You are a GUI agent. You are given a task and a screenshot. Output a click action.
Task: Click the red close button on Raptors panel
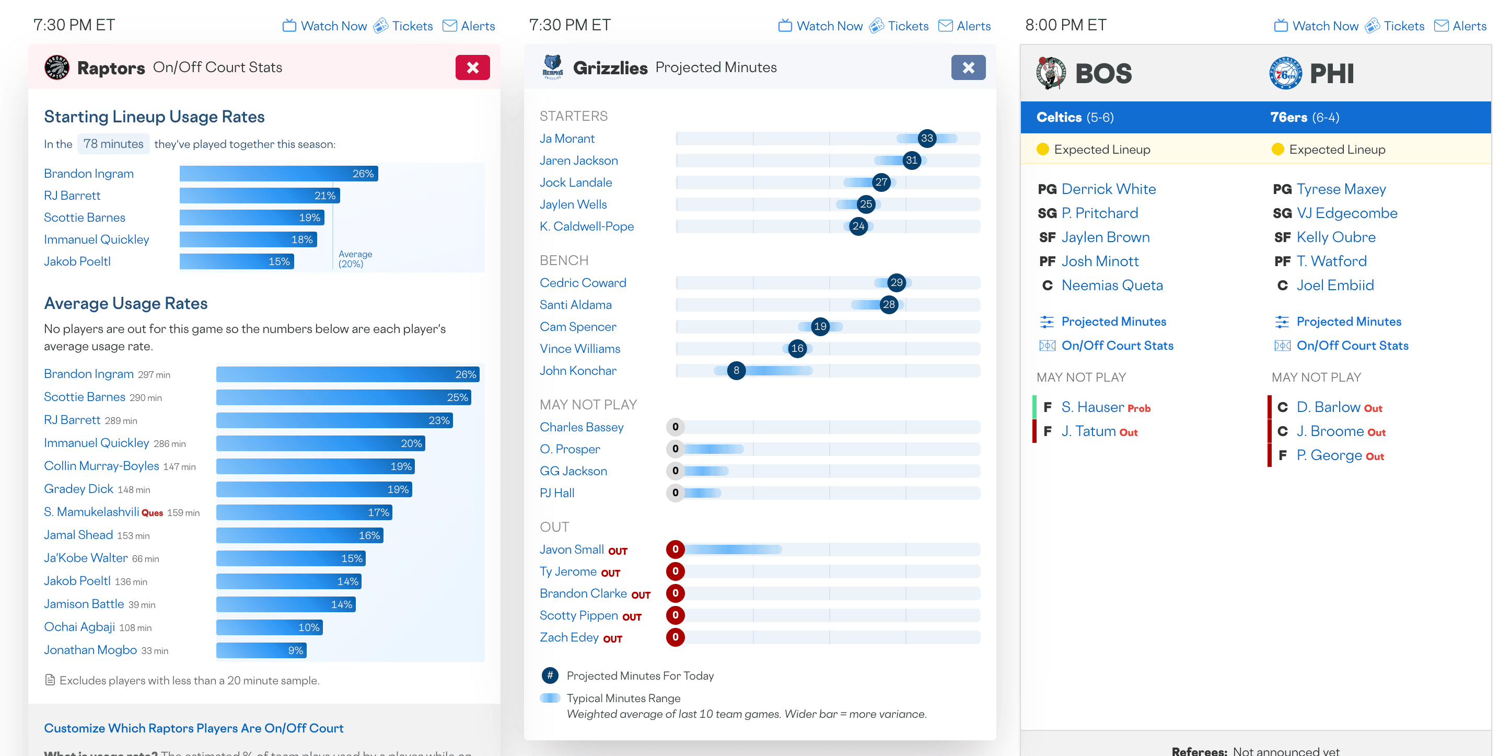click(x=472, y=67)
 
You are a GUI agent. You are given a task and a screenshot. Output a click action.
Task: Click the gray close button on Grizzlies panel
click(x=968, y=67)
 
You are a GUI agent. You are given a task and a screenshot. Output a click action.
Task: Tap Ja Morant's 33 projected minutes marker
click(x=927, y=139)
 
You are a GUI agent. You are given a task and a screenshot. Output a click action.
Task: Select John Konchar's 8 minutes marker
click(x=736, y=370)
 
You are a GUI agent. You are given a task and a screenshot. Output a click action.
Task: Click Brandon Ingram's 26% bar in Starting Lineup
click(x=278, y=174)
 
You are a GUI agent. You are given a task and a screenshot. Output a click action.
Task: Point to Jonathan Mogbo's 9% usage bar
click(x=262, y=650)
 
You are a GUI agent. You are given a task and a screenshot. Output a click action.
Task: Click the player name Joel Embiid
click(x=1335, y=285)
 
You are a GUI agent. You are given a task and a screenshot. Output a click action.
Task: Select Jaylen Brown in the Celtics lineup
click(x=1105, y=237)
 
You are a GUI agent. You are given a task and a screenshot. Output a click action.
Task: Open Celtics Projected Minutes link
click(x=1113, y=322)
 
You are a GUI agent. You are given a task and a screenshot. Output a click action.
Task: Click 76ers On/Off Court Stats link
click(x=1352, y=346)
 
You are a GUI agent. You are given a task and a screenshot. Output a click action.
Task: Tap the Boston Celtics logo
click(x=1051, y=73)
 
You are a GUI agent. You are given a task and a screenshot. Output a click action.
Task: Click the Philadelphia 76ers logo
click(x=1285, y=73)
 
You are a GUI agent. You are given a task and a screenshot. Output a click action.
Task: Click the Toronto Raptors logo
click(x=57, y=67)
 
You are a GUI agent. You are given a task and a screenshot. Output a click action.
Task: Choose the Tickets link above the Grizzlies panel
click(x=908, y=26)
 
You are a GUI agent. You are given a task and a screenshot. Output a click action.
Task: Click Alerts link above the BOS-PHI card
click(x=1469, y=26)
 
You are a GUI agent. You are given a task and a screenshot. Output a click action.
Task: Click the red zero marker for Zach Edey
click(x=675, y=637)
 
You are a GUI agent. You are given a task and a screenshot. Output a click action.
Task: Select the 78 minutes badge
click(x=113, y=144)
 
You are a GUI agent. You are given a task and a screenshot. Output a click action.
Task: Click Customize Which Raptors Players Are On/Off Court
click(x=193, y=728)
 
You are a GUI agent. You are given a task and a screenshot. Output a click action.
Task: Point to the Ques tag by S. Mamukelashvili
click(x=152, y=513)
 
